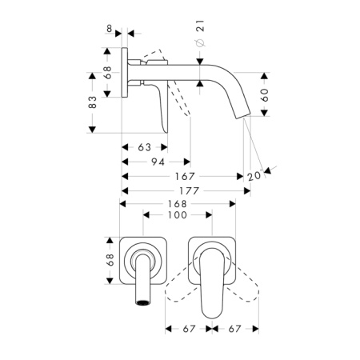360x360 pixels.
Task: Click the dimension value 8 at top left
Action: coord(109,29)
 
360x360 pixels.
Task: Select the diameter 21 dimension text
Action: coord(200,33)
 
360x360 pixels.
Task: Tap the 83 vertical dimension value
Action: coord(92,102)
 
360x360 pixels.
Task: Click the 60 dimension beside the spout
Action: coord(264,95)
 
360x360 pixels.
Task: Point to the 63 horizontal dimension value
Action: coord(145,147)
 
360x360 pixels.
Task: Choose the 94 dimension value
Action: coord(158,162)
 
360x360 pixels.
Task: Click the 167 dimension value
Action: coord(185,176)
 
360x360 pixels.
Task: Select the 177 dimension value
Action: coord(190,191)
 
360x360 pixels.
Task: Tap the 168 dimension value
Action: coord(178,204)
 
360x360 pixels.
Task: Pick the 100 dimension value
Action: coord(178,215)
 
